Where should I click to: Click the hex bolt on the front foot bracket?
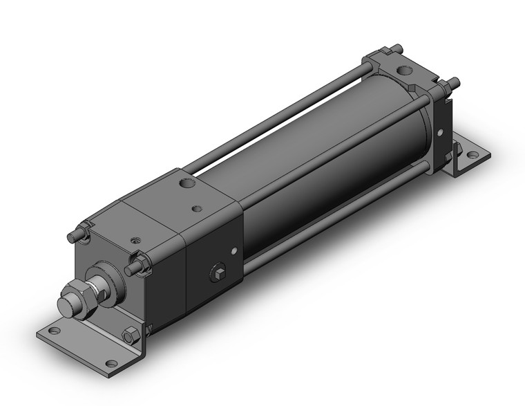coord(130,337)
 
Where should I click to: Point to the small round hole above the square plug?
coord(235,250)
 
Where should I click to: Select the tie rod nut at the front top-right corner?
coord(135,265)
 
